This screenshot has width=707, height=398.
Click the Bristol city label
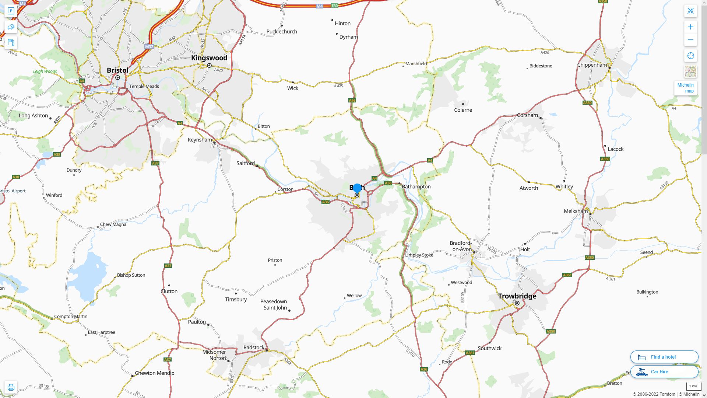(117, 70)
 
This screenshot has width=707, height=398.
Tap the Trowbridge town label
(517, 296)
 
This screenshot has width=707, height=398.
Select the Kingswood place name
(209, 58)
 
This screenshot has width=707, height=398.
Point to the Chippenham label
(592, 65)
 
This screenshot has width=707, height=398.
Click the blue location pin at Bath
(357, 188)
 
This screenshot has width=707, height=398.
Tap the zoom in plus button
(690, 27)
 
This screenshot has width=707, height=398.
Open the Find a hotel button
(664, 357)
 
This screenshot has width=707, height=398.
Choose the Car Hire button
(664, 372)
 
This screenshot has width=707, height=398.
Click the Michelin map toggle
(685, 88)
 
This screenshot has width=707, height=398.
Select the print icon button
(11, 387)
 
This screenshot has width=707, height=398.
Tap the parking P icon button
(11, 11)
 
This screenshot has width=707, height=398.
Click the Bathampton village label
(416, 187)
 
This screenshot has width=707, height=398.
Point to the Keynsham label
(200, 140)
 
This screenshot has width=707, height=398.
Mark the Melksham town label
(576, 211)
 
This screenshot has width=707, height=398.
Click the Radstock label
(254, 348)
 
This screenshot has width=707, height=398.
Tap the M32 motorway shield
(149, 47)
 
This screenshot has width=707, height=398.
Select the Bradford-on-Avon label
(460, 246)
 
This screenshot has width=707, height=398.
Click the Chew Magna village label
(113, 224)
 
